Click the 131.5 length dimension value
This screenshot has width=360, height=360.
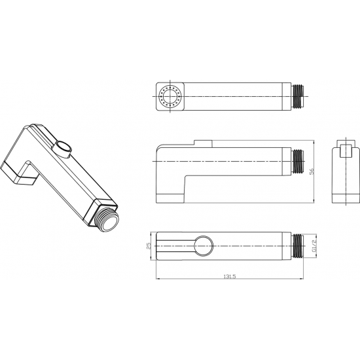[x=230, y=276]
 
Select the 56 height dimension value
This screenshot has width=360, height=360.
[x=312, y=171]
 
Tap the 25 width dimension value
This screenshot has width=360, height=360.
[x=149, y=246]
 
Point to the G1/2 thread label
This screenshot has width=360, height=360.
[x=314, y=246]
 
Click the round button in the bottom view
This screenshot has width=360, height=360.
[x=204, y=245]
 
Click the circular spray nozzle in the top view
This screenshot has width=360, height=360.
[x=170, y=96]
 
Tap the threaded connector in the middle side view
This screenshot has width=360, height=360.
[x=298, y=161]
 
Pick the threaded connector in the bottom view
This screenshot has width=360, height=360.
[x=298, y=246]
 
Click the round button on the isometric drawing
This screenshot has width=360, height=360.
[x=63, y=149]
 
